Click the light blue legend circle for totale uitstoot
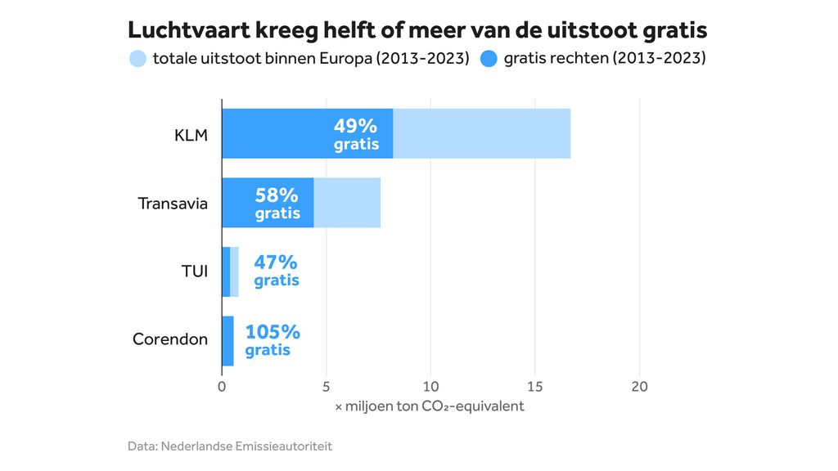click(138, 59)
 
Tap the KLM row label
click(191, 134)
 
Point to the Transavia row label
click(173, 203)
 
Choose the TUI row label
click(195, 271)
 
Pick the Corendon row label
click(170, 339)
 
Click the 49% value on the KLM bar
click(356, 126)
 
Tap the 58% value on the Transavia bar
click(277, 195)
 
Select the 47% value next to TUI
click(276, 263)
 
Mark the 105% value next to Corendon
click(273, 332)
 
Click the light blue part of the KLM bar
click(481, 134)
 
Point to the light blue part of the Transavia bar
click(347, 203)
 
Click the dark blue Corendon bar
click(228, 341)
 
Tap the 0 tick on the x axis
click(222, 387)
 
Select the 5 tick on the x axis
click(326, 387)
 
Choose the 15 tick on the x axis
click(534, 387)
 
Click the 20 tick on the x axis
click(639, 387)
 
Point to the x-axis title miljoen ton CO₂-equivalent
click(430, 406)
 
